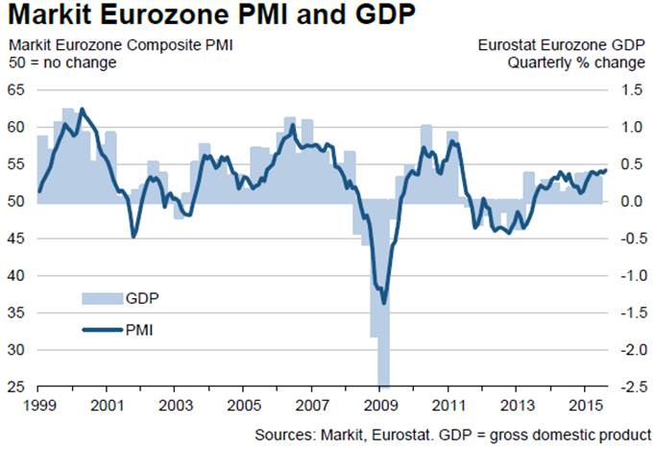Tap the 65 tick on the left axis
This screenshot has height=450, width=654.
[x=16, y=89]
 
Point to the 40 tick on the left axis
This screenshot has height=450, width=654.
[x=16, y=276]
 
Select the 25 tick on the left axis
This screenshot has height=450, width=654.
[x=16, y=387]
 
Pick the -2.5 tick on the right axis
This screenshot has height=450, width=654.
[x=630, y=387]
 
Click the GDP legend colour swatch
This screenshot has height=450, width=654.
[x=100, y=297]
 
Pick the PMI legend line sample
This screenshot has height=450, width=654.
[x=100, y=330]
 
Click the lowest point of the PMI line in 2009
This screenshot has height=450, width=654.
[x=384, y=303]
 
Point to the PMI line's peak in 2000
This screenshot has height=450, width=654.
[x=82, y=110]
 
